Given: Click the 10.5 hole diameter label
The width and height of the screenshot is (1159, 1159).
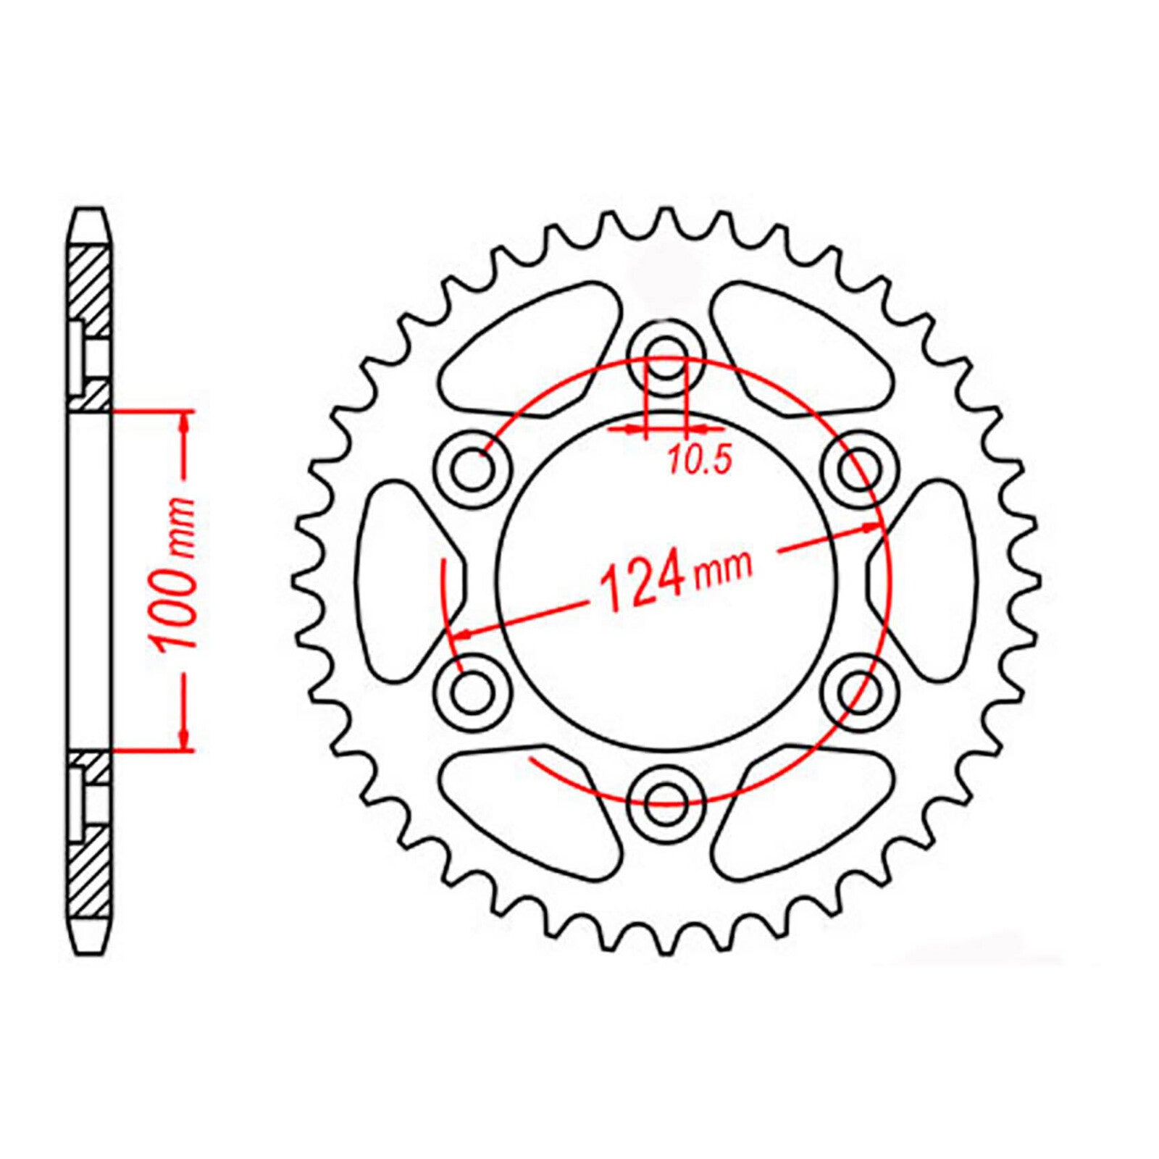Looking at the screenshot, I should coord(700,461).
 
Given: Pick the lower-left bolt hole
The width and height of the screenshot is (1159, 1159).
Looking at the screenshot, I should coord(474,691).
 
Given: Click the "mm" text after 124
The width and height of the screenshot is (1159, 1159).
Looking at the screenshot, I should coord(723,567).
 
